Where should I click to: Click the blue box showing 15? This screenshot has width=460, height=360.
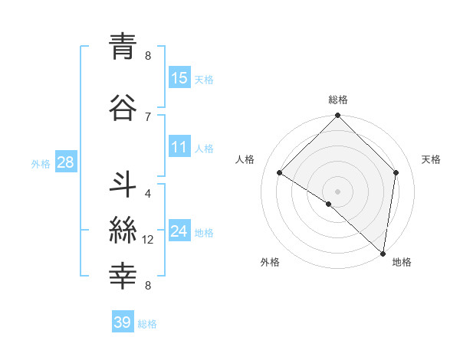(x=179, y=78)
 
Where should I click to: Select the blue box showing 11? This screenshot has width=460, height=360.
(x=179, y=147)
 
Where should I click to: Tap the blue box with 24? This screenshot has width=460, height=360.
(x=179, y=231)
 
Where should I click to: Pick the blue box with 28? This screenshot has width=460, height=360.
(x=65, y=162)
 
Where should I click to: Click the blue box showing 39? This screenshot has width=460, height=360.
(x=123, y=322)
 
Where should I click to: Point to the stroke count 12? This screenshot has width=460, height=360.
(x=148, y=240)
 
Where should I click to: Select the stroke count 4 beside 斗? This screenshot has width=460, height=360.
(x=148, y=193)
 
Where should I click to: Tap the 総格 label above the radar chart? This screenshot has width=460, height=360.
(x=338, y=100)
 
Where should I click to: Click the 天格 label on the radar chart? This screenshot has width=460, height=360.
(x=431, y=159)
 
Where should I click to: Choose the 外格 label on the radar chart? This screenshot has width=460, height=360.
(x=270, y=263)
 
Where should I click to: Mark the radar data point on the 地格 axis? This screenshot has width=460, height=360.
(x=383, y=253)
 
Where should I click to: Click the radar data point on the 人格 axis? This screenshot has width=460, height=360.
(x=280, y=173)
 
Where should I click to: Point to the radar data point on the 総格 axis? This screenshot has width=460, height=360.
(x=338, y=116)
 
